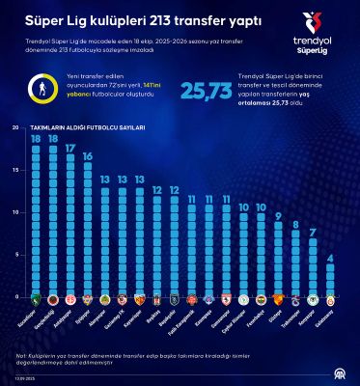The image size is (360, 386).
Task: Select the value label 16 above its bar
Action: [x=88, y=156]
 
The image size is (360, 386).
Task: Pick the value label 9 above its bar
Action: [x=279, y=214]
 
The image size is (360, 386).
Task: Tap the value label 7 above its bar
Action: [x=314, y=232]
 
